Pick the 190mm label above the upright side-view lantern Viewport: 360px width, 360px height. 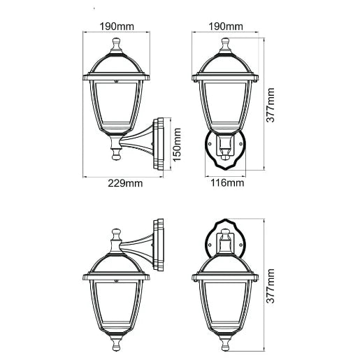click(x=116, y=26)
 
